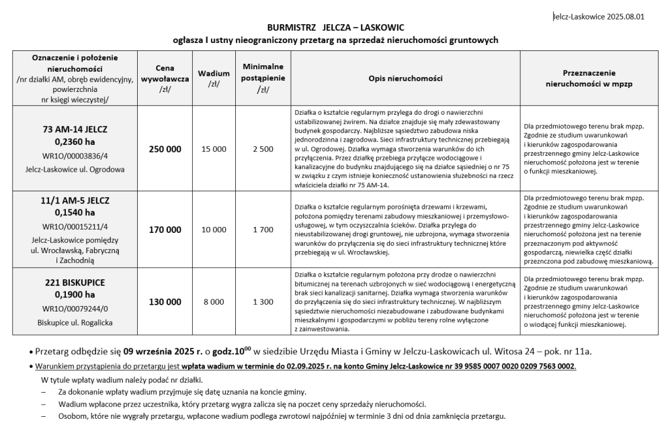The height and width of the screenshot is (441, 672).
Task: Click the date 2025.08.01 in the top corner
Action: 624,17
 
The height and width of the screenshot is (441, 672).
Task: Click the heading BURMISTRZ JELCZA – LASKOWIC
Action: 335,28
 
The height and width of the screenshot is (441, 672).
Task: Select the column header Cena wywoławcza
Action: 165,79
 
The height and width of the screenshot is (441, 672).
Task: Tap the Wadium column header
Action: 214,79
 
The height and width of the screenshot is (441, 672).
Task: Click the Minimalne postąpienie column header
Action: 263,79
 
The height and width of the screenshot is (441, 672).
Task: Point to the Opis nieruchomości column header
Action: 405,79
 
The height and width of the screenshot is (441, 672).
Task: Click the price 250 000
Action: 165,149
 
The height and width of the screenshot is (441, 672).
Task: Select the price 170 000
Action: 165,230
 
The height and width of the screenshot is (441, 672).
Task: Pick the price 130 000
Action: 165,302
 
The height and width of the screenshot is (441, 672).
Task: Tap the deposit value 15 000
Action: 214,149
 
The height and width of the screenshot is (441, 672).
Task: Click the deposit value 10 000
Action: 214,230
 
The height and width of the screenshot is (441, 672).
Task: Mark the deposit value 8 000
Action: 214,302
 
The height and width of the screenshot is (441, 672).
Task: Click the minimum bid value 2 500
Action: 263,149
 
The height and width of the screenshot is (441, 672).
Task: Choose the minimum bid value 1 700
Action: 263,230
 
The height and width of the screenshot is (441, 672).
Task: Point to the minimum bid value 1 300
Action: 263,302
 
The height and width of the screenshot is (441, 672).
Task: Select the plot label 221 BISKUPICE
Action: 75,282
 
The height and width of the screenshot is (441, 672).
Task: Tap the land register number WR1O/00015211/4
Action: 75,226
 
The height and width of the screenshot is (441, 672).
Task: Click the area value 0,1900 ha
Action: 75,295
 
